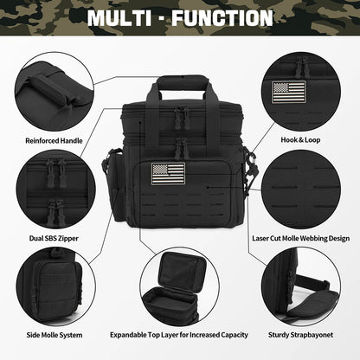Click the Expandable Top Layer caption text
(x=179, y=334)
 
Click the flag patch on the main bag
(x=168, y=172)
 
